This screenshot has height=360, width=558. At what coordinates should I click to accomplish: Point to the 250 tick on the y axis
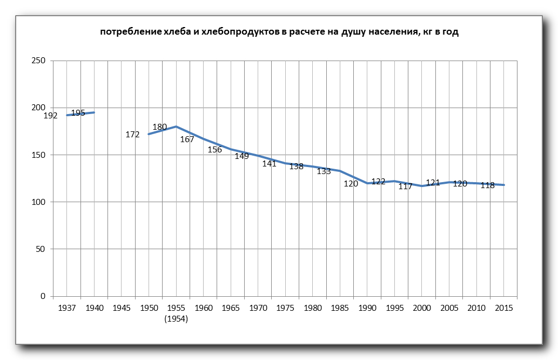point(38,61)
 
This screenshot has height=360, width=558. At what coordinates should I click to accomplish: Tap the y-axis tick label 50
point(41,249)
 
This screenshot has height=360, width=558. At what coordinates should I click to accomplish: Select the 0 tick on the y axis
point(43,296)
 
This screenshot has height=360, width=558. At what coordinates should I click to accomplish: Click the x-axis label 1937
point(67,308)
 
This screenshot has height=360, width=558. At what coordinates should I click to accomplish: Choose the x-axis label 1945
point(122,308)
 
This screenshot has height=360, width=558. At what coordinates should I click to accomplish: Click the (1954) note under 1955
point(176,319)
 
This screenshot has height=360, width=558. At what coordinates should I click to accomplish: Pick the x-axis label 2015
point(503,308)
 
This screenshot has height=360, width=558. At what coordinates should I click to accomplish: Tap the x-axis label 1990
point(367,308)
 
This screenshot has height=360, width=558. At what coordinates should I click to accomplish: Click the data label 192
point(50,116)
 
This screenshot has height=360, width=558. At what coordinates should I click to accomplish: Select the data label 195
point(78,113)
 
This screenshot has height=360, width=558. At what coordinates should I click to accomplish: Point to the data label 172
point(132,135)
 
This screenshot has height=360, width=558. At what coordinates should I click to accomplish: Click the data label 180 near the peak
point(160,127)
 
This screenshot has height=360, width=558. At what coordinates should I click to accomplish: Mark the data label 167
point(187,139)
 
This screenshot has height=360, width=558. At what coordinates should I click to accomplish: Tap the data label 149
point(241,156)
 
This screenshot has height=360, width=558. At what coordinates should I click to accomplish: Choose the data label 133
point(324,171)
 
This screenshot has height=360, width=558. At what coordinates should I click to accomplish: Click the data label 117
point(406,186)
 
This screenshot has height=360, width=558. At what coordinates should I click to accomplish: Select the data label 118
point(487,185)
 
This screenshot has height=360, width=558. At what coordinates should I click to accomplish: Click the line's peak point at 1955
point(176,126)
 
